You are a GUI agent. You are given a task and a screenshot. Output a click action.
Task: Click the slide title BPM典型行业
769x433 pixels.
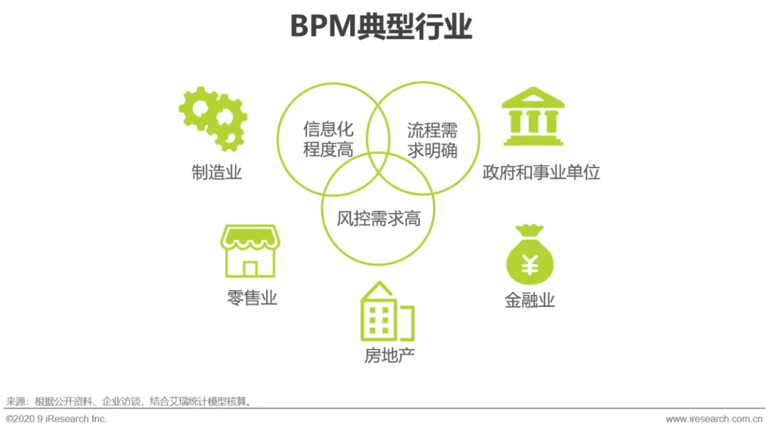tap(381, 28)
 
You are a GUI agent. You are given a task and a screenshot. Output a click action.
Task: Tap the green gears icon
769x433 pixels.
tap(212, 118)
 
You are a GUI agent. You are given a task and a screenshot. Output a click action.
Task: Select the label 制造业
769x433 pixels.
tap(216, 172)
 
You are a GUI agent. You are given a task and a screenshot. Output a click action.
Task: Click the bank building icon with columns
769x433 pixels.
tap(533, 117)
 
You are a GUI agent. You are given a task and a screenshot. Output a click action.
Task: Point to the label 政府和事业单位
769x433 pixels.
tap(541, 172)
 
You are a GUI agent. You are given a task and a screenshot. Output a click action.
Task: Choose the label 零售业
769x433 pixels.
tap(252, 298)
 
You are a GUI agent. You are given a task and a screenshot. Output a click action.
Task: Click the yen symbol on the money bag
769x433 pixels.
tap(530, 266)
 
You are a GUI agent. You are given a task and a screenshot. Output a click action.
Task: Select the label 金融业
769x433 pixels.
tap(530, 301)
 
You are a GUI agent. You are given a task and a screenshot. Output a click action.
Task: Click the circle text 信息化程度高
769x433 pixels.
tap(328, 140)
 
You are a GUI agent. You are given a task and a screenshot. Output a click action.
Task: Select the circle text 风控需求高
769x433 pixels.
tap(379, 219)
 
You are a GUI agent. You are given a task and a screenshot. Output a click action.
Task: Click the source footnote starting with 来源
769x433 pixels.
tap(129, 402)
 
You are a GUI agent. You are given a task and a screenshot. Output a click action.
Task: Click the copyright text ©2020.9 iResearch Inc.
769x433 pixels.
tap(56, 419)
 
